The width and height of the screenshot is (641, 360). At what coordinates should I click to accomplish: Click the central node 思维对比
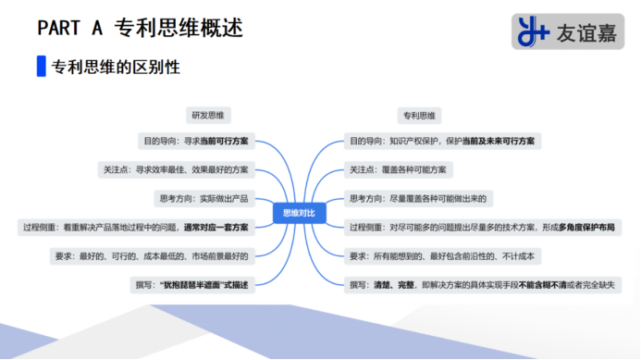pyautogui.click(x=300, y=213)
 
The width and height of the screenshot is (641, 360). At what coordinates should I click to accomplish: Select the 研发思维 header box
pyautogui.click(x=211, y=116)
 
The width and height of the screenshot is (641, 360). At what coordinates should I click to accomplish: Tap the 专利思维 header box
pyautogui.click(x=420, y=116)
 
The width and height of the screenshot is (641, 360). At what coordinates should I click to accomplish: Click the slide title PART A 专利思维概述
pyautogui.click(x=140, y=28)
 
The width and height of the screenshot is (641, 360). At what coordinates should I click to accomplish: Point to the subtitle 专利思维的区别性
pyautogui.click(x=116, y=68)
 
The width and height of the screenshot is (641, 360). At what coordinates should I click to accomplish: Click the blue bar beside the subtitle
pyautogui.click(x=41, y=68)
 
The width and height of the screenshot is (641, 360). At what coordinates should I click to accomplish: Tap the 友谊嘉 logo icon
pyautogui.click(x=534, y=31)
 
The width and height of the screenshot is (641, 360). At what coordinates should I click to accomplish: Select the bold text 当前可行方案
pyautogui.click(x=225, y=142)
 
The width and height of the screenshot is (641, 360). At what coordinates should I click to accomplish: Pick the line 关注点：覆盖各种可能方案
pyautogui.click(x=398, y=170)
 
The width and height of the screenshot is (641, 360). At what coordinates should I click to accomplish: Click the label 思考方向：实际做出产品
pyautogui.click(x=204, y=198)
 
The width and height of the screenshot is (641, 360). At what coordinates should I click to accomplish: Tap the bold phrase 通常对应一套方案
pyautogui.click(x=216, y=228)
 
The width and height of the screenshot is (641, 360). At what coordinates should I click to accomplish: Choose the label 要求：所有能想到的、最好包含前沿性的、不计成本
pyautogui.click(x=442, y=255)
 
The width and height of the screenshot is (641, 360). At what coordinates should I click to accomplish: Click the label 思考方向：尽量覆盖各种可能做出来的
pyautogui.click(x=418, y=198)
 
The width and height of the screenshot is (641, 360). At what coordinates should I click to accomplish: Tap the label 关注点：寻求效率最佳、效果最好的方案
pyautogui.click(x=176, y=170)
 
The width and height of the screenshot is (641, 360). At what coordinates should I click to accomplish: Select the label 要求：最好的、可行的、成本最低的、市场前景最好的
pyautogui.click(x=152, y=255)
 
